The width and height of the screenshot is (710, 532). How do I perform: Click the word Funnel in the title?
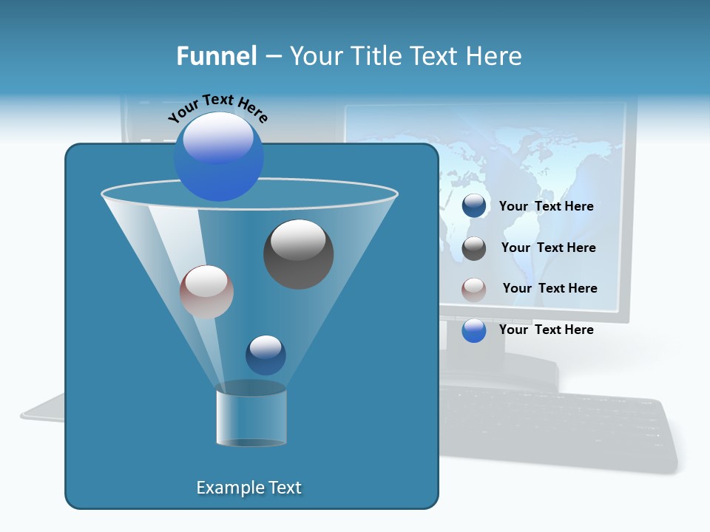click(x=216, y=56)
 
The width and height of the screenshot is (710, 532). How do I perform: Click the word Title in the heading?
click(x=376, y=56)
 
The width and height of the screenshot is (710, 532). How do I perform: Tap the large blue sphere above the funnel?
click(x=219, y=157)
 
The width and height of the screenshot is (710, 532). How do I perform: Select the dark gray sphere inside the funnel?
click(x=298, y=254)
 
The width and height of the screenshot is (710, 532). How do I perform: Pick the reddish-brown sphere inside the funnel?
click(x=206, y=292)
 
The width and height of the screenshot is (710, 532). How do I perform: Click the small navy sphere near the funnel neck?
click(x=266, y=355)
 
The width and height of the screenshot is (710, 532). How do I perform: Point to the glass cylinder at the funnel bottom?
click(x=251, y=417)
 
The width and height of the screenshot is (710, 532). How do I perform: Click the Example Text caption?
click(x=248, y=488)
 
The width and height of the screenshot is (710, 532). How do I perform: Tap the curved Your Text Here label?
click(x=217, y=107)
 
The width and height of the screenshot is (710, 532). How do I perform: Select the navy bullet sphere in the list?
click(x=474, y=206)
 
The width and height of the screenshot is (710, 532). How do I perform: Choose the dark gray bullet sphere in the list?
click(x=474, y=248)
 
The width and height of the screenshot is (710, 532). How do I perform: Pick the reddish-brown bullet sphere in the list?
click(x=474, y=289)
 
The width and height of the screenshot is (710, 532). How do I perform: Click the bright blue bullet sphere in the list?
click(x=474, y=330)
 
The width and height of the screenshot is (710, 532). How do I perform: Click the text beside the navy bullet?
click(x=546, y=206)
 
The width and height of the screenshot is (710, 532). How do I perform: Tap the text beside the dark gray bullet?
click(x=548, y=248)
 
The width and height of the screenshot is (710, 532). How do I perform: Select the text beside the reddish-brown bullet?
click(x=550, y=288)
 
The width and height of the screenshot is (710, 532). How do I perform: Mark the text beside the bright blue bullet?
click(x=546, y=330)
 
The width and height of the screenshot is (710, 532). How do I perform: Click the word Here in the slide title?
click(x=494, y=56)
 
